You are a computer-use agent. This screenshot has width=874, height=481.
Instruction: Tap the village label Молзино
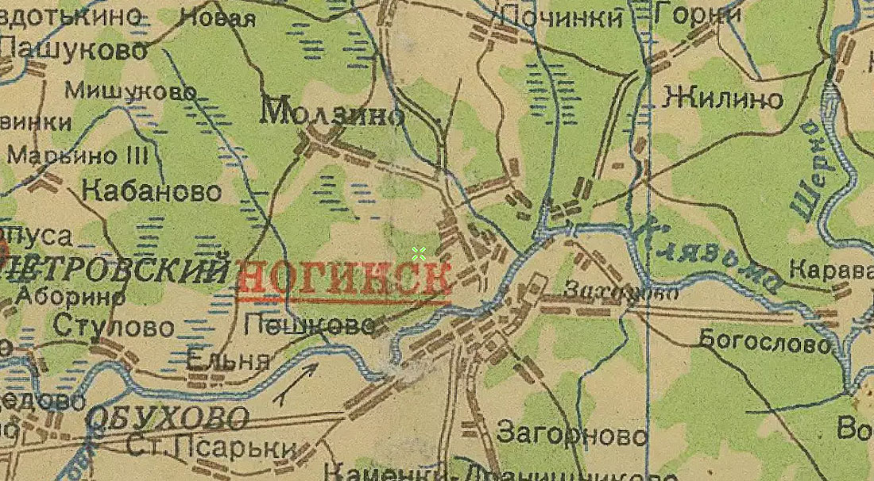333,114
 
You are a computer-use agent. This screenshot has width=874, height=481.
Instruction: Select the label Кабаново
152,191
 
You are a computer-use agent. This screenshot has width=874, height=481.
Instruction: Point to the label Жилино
723,99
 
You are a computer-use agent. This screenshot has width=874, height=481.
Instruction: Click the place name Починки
561,17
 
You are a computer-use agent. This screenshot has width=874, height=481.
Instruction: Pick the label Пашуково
75,50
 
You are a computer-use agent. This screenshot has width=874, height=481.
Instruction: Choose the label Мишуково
130,91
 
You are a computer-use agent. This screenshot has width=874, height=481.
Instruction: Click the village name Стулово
114,326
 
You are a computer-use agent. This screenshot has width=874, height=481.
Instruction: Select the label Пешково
309,324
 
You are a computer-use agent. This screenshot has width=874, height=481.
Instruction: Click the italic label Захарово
620,292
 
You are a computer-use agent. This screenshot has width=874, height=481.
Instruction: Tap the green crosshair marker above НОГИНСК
419,253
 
